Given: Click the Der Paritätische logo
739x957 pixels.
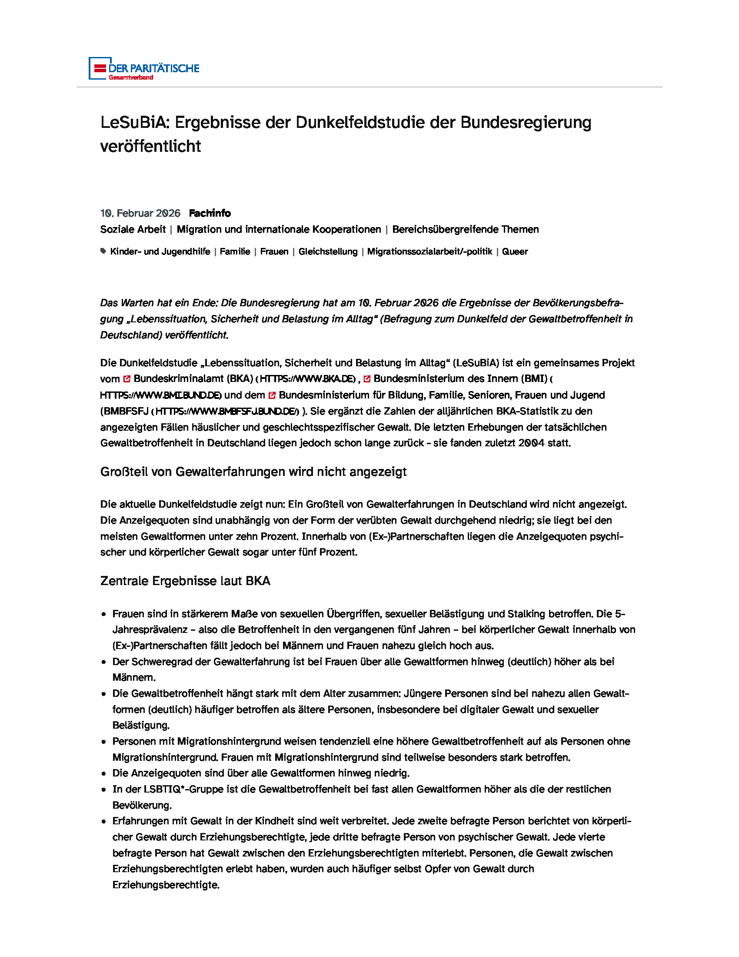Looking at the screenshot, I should (143, 68).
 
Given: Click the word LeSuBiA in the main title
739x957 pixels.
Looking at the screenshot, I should (134, 122).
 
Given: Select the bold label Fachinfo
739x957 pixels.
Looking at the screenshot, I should (210, 214).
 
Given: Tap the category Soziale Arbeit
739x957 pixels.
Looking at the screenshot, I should (133, 229).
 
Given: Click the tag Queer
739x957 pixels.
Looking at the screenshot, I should (515, 251).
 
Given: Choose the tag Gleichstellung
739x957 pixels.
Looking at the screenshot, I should (328, 251).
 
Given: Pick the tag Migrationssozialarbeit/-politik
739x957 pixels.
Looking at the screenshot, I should (429, 251).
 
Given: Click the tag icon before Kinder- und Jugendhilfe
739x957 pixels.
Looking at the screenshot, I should (103, 251).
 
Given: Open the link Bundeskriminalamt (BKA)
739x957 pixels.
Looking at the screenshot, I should (193, 378).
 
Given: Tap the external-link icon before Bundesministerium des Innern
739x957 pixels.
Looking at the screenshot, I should (367, 378).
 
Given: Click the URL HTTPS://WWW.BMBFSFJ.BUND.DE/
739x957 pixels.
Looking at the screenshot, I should (227, 412).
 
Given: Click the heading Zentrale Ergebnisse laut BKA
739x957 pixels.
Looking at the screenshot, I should (185, 581).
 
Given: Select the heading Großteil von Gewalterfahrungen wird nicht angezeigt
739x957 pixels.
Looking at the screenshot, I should (253, 472).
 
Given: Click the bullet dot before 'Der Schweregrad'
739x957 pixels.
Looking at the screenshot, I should (104, 662).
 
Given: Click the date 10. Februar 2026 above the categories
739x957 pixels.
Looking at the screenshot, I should (140, 214).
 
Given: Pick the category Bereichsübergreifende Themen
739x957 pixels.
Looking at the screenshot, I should (465, 229).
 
